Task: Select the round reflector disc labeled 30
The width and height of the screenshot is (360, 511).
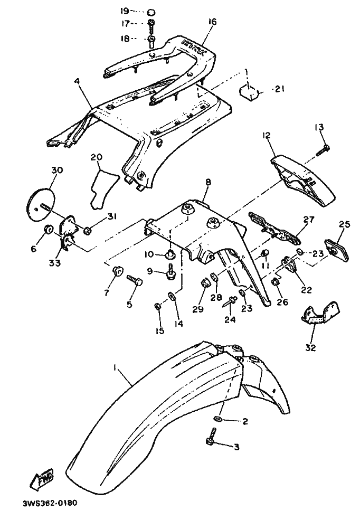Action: tap(40, 205)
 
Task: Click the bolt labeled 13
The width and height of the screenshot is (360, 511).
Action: tap(323, 149)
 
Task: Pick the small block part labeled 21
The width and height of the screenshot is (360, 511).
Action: tap(251, 91)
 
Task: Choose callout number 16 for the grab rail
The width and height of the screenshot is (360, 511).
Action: tap(212, 22)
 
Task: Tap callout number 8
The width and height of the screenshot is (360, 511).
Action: tap(208, 182)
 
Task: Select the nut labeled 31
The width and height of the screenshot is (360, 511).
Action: tap(88, 230)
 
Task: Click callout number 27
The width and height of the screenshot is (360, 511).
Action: tap(308, 219)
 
